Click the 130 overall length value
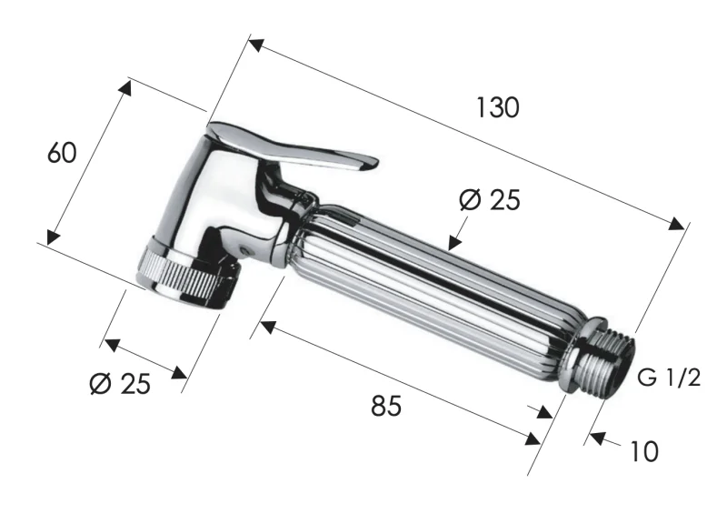click(x=497, y=107)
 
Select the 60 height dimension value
click(x=62, y=153)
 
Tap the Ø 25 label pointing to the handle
click(x=490, y=199)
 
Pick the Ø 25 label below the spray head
click(x=120, y=384)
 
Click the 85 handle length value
click(x=385, y=406)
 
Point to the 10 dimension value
click(x=642, y=451)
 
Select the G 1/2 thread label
click(x=669, y=378)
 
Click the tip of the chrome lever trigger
click(x=368, y=164)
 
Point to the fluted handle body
click(x=427, y=282)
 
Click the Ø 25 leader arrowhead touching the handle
click(x=453, y=242)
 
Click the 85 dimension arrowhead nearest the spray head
click(x=266, y=324)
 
